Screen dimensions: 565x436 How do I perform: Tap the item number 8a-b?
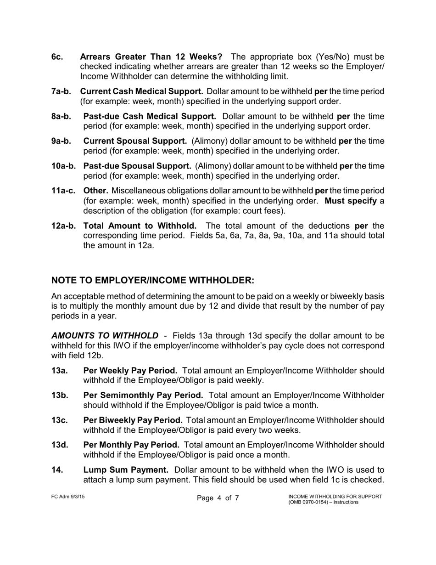pyautogui.click(x=61, y=116)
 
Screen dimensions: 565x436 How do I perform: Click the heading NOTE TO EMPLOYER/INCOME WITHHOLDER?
pyautogui.click(x=152, y=280)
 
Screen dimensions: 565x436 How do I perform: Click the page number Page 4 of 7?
pyautogui.click(x=218, y=498)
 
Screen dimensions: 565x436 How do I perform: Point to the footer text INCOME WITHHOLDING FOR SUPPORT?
pyautogui.click(x=335, y=497)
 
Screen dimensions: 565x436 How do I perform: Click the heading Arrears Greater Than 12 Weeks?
pyautogui.click(x=151, y=57)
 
